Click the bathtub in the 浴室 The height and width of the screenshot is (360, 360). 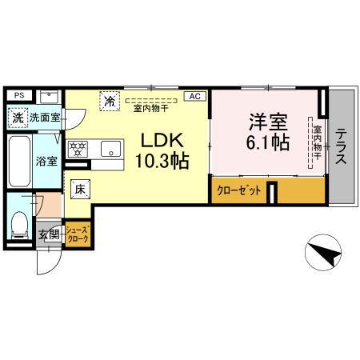(x=18, y=160)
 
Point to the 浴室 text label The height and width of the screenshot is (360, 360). (x=46, y=161)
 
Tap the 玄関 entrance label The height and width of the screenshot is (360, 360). (x=48, y=234)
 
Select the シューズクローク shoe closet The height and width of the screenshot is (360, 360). (x=78, y=234)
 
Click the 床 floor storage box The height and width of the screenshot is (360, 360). (x=80, y=190)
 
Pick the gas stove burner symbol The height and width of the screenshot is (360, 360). (x=78, y=149)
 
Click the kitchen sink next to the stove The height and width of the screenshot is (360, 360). (x=109, y=148)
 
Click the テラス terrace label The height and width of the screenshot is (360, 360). (x=341, y=146)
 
